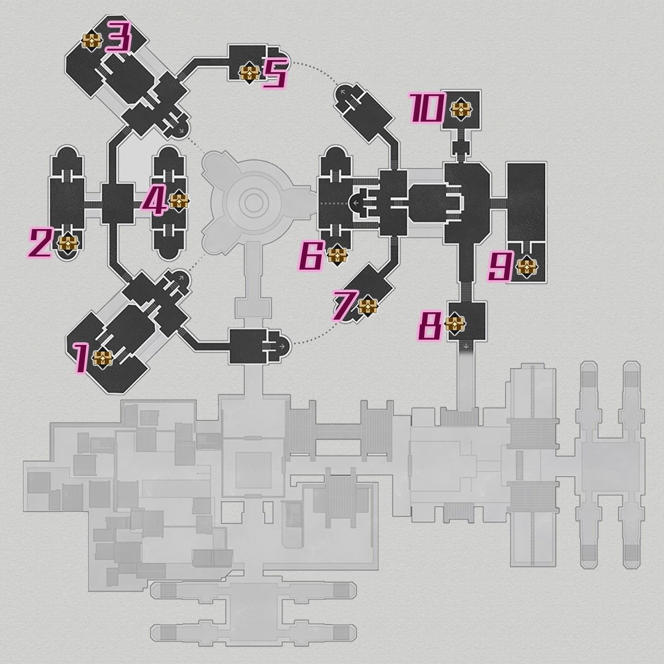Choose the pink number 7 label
tap(345, 306)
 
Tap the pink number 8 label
tap(430, 326)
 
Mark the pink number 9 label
tap(499, 267)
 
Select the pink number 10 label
tap(427, 110)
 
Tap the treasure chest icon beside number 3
tap(92, 40)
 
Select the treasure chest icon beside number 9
tap(526, 267)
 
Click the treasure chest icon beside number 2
tap(68, 244)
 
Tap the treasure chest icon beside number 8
tap(455, 324)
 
